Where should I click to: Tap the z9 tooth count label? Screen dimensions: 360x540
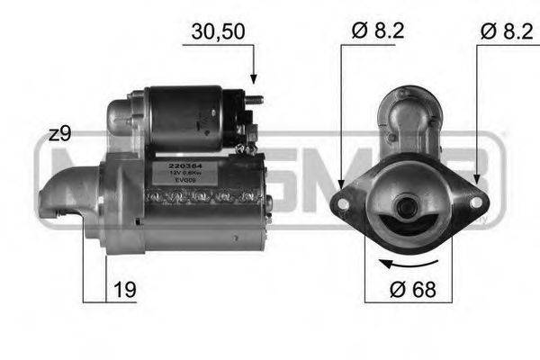(59, 135)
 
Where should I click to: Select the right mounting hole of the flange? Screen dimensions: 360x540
(476, 202)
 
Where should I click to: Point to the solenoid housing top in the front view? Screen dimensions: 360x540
(410, 108)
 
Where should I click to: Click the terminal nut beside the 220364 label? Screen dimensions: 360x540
(249, 135)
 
